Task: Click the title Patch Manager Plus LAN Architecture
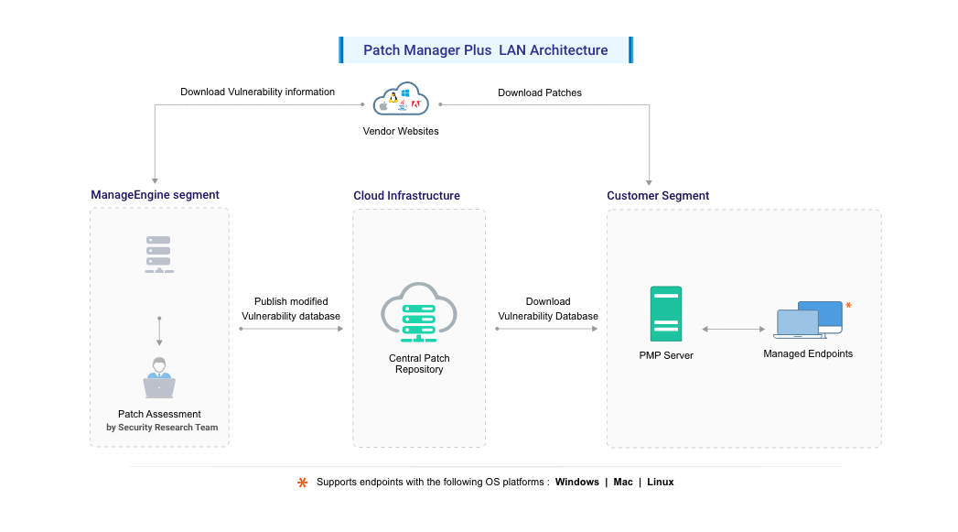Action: [485, 50]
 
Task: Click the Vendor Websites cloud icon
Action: [401, 101]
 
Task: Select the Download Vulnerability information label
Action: [257, 92]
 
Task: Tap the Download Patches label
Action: [539, 92]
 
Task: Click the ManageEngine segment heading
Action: [155, 195]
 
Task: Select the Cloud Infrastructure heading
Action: [406, 196]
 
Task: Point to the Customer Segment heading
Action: [658, 196]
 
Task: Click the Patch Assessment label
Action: [159, 415]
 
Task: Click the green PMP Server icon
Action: [665, 314]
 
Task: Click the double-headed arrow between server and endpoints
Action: [733, 329]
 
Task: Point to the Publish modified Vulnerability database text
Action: [290, 309]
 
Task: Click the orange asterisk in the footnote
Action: [303, 483]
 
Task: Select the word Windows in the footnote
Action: [576, 482]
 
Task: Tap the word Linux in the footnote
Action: [660, 482]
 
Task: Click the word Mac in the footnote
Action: [622, 482]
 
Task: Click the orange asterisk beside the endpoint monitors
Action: [848, 305]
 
